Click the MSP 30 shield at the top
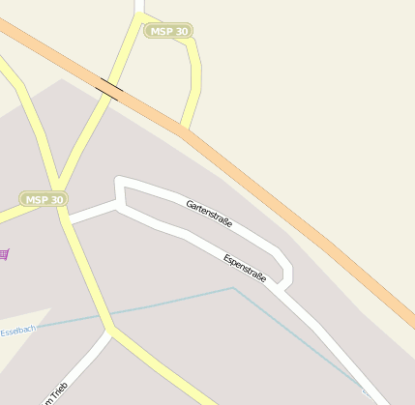click(168, 31)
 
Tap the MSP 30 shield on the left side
click(44, 200)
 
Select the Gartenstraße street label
click(209, 215)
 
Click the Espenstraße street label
click(245, 267)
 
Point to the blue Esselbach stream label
click(17, 331)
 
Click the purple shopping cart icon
click(4, 254)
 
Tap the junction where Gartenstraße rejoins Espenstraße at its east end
click(282, 286)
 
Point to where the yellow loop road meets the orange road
click(183, 129)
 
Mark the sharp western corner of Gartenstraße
click(119, 181)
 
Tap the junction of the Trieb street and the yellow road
click(110, 331)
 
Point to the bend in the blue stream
click(233, 288)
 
